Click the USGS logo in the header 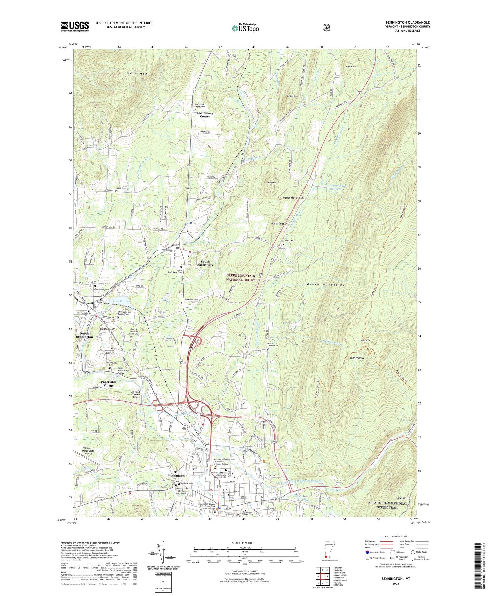75,26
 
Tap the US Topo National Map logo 245,28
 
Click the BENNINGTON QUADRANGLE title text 408,23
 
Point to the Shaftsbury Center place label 205,114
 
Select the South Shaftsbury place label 205,263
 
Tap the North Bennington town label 84,335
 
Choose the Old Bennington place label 176,474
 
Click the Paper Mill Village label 108,383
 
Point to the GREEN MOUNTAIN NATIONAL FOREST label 241,277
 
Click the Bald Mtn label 365,340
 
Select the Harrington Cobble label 293,198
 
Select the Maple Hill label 351,66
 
